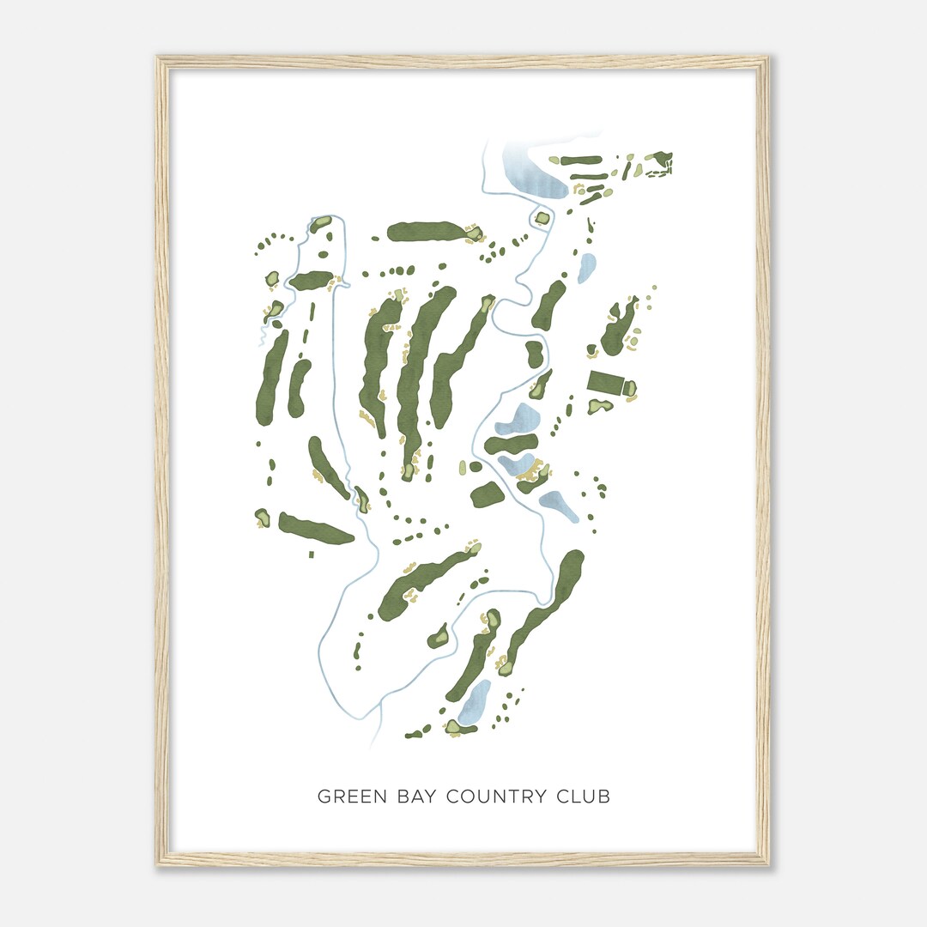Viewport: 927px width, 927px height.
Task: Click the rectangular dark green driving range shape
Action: click(605, 383)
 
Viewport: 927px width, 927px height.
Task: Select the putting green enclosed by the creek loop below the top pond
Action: click(542, 218)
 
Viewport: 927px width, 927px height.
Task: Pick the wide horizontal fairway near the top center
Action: click(425, 231)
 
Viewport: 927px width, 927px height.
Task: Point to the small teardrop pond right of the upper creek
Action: click(587, 268)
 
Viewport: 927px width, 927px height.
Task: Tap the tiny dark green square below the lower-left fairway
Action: click(311, 554)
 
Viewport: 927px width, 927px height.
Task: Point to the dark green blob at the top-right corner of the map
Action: click(660, 161)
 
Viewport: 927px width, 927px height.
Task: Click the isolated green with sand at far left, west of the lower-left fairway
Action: click(262, 517)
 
